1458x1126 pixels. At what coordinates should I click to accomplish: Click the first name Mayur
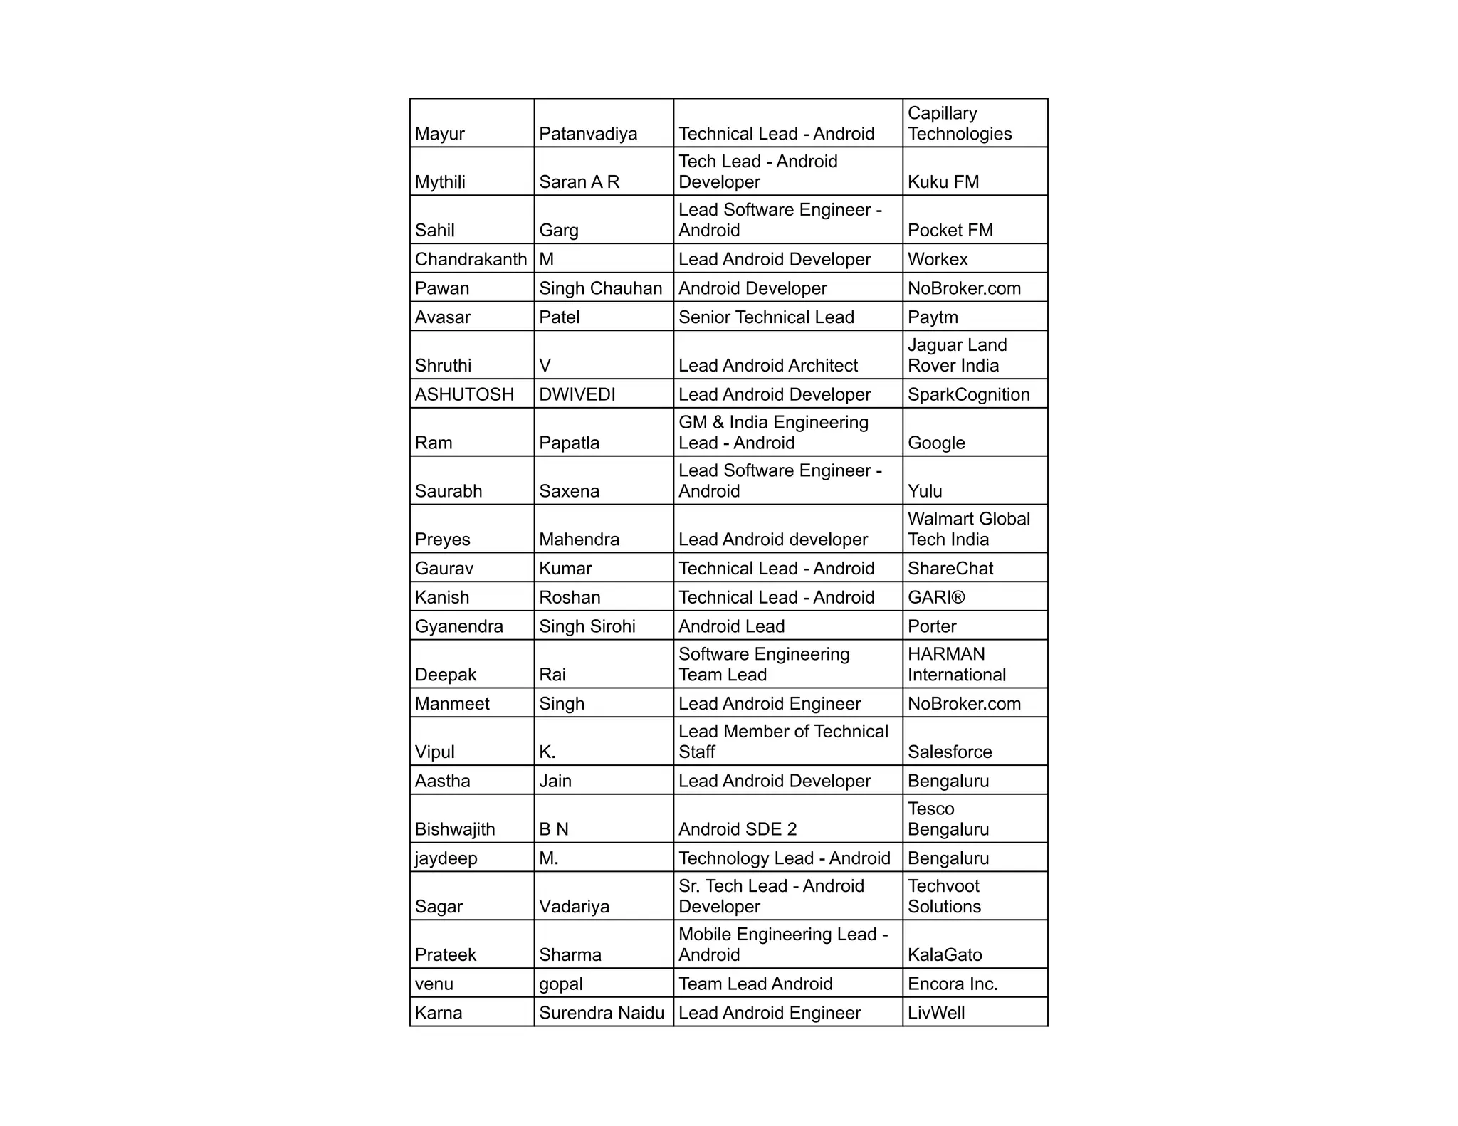click(439, 134)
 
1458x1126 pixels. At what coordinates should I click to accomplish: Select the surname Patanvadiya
click(588, 134)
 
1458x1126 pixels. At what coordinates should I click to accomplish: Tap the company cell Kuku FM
click(943, 182)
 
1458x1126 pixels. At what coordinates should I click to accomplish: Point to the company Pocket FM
click(950, 231)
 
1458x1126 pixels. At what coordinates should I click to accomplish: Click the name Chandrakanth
click(471, 259)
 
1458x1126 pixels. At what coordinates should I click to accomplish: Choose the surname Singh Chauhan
click(600, 288)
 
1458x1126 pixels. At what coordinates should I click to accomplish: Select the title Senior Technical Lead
click(766, 317)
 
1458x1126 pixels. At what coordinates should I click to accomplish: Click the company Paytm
click(933, 317)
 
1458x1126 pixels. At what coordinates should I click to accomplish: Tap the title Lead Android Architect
click(768, 366)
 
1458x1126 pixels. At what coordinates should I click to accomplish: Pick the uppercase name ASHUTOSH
click(464, 394)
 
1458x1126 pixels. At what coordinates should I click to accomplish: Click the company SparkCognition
click(968, 394)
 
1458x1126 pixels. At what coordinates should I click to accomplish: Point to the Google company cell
click(936, 443)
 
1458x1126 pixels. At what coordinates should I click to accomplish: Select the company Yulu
click(925, 491)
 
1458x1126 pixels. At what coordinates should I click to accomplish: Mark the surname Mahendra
click(579, 540)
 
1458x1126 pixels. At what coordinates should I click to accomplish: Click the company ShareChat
click(950, 569)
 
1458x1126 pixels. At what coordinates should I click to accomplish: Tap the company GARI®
click(936, 598)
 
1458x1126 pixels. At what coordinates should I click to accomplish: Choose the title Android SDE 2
click(738, 829)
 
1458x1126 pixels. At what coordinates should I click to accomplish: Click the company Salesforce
click(950, 752)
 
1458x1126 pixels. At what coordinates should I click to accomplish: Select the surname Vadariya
click(574, 907)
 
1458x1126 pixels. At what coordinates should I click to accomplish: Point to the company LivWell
click(936, 1013)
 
